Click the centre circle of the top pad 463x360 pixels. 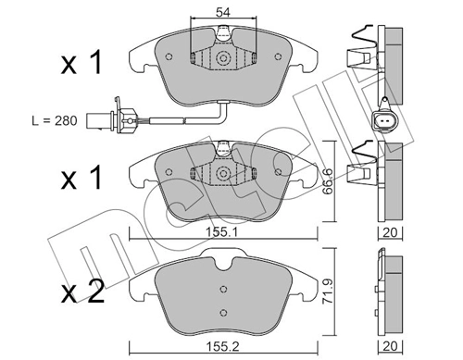223,59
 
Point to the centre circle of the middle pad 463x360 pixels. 223,173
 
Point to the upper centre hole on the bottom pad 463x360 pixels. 222,286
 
